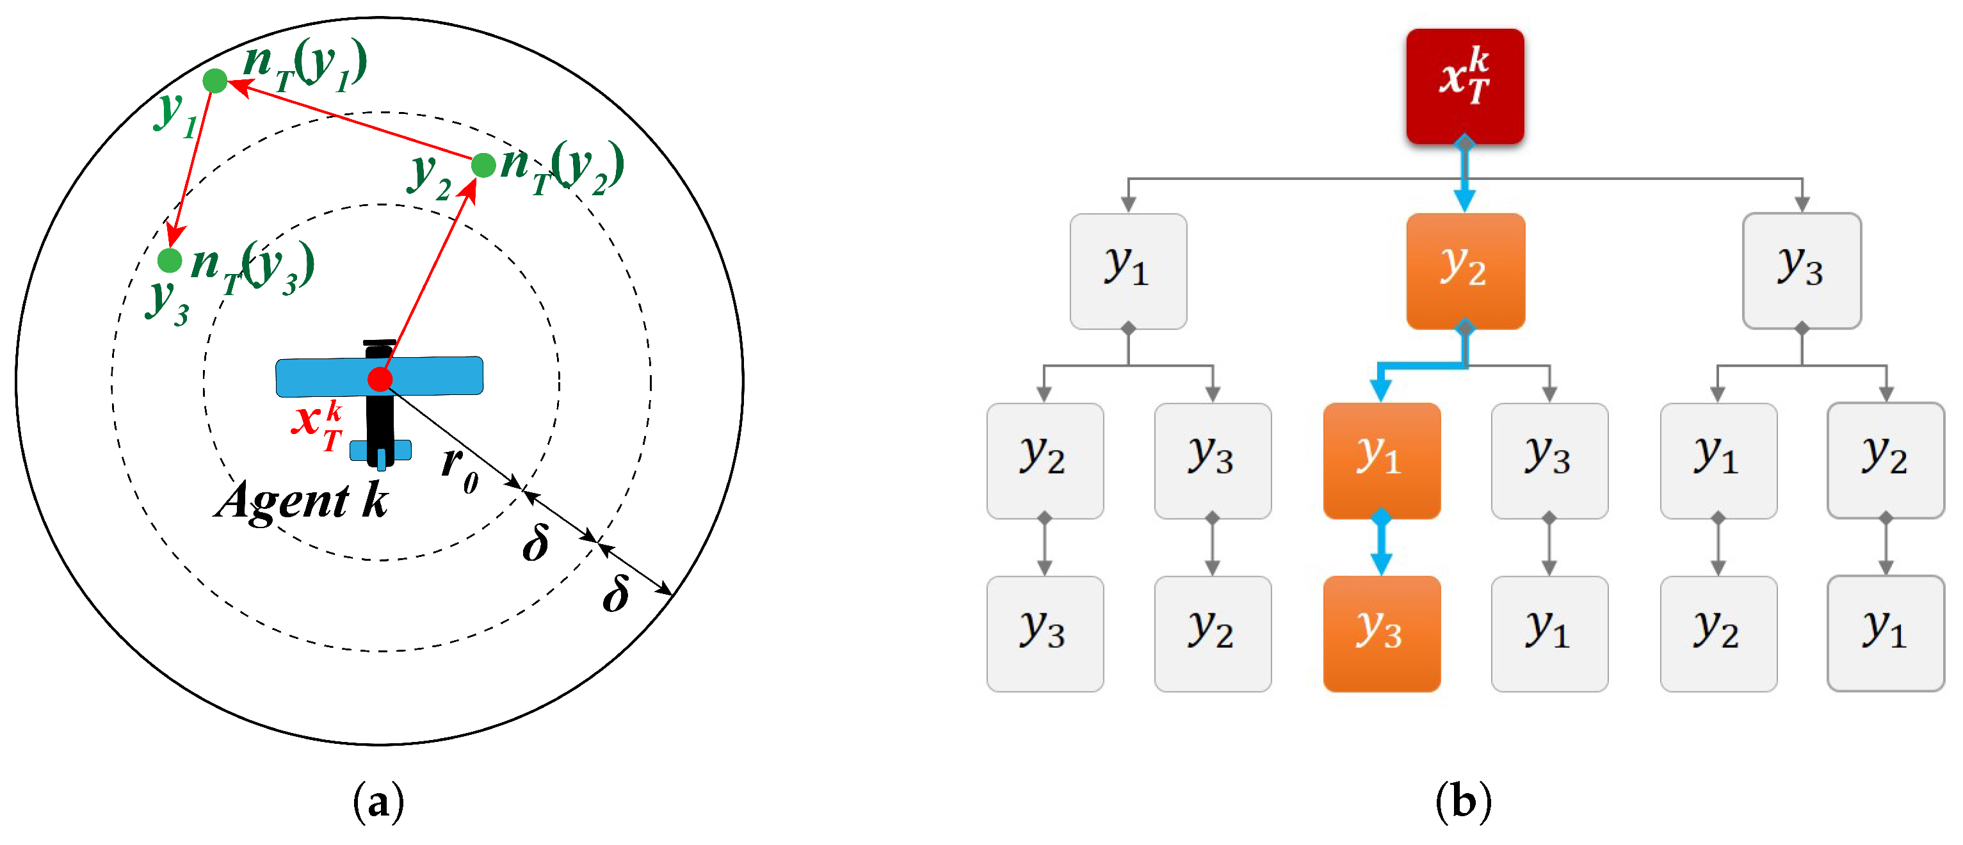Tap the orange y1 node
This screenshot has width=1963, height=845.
1381,460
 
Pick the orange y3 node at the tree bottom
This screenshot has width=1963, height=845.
1381,633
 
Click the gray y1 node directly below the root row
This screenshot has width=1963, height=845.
1128,271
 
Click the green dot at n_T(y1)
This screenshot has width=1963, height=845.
215,80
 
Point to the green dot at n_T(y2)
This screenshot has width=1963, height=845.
484,165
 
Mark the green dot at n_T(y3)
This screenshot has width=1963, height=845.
169,261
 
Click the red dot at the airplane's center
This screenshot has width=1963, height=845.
380,379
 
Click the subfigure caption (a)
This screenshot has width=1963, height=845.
379,801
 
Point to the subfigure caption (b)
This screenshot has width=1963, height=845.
1462,801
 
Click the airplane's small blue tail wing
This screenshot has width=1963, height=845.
381,450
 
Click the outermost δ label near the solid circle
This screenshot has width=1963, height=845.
616,594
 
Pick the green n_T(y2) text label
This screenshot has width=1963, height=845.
562,168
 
